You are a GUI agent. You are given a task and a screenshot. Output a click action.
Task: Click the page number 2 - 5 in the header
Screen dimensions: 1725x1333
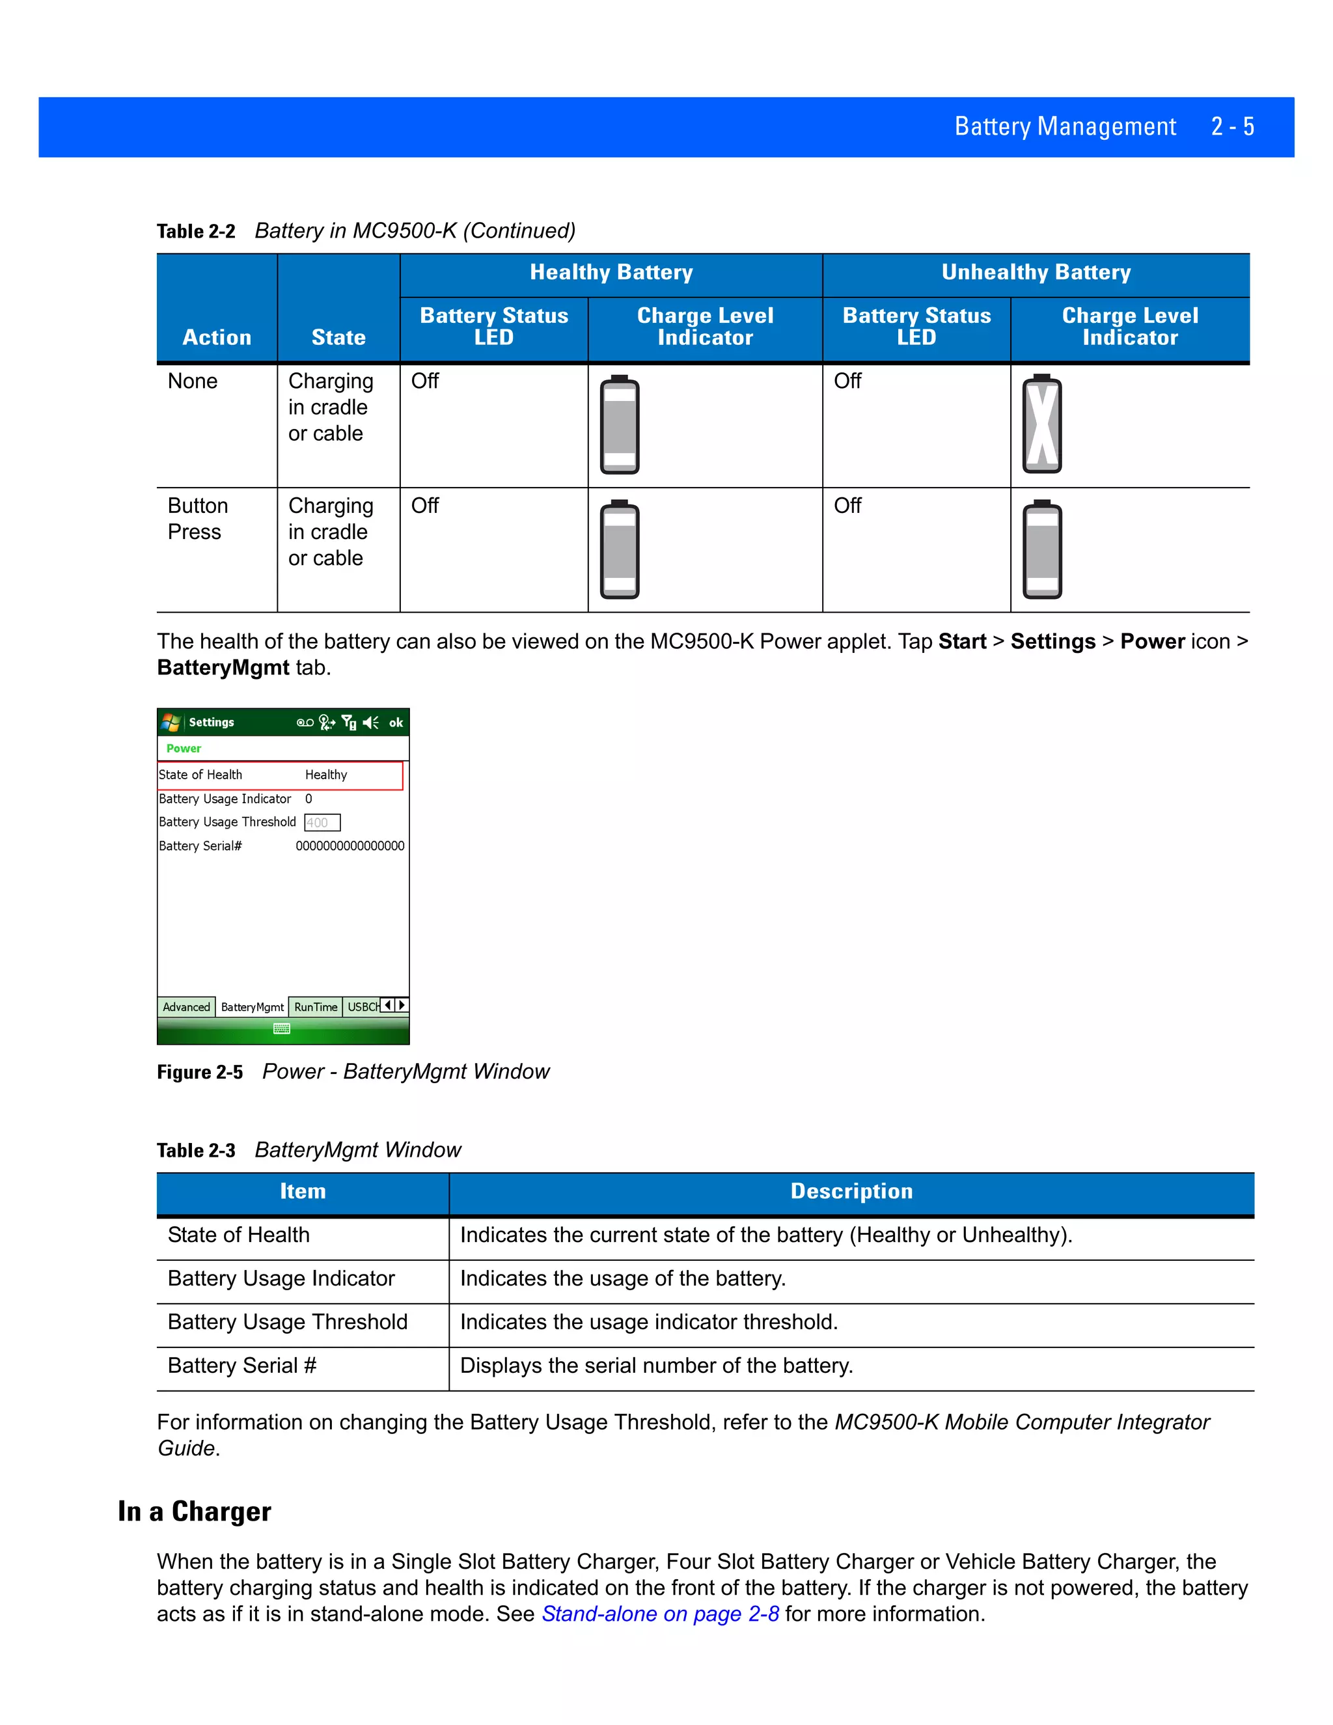(x=1232, y=126)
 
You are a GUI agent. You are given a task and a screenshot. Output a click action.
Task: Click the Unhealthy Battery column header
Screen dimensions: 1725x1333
(x=1036, y=273)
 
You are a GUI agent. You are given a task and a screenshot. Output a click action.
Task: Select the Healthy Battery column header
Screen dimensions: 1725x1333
(x=611, y=273)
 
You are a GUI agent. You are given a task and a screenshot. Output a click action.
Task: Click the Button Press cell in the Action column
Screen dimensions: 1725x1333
(x=197, y=519)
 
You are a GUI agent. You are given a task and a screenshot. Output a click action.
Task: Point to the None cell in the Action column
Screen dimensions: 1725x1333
(x=193, y=381)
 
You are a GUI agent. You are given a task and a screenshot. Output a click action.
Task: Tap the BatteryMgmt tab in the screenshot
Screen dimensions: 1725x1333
(x=252, y=1007)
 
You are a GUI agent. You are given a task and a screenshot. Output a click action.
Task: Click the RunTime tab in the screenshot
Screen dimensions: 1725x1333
(x=315, y=1007)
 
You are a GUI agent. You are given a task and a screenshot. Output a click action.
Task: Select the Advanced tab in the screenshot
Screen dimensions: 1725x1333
(x=186, y=1007)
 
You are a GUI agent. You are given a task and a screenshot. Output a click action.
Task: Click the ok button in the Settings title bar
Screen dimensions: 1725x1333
(x=396, y=723)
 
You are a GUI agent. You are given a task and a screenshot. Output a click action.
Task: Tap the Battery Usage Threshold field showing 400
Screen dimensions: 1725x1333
(x=322, y=823)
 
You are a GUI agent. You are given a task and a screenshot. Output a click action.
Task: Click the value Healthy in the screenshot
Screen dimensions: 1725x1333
(x=326, y=775)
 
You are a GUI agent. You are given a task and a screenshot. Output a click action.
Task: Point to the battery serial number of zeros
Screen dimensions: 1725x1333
(x=350, y=846)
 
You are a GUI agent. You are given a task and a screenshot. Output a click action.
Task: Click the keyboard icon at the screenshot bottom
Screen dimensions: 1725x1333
(x=282, y=1028)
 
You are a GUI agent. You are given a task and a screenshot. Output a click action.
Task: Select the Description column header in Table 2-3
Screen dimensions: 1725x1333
(x=851, y=1191)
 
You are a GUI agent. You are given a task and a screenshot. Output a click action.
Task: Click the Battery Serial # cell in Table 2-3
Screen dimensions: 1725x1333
(x=241, y=1366)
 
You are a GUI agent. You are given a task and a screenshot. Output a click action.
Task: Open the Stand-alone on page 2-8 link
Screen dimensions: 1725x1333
(x=660, y=1614)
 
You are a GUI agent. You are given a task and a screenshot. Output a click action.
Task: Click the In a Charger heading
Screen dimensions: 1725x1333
(x=194, y=1511)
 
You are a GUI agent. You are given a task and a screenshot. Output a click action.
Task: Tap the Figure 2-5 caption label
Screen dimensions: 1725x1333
(x=200, y=1072)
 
